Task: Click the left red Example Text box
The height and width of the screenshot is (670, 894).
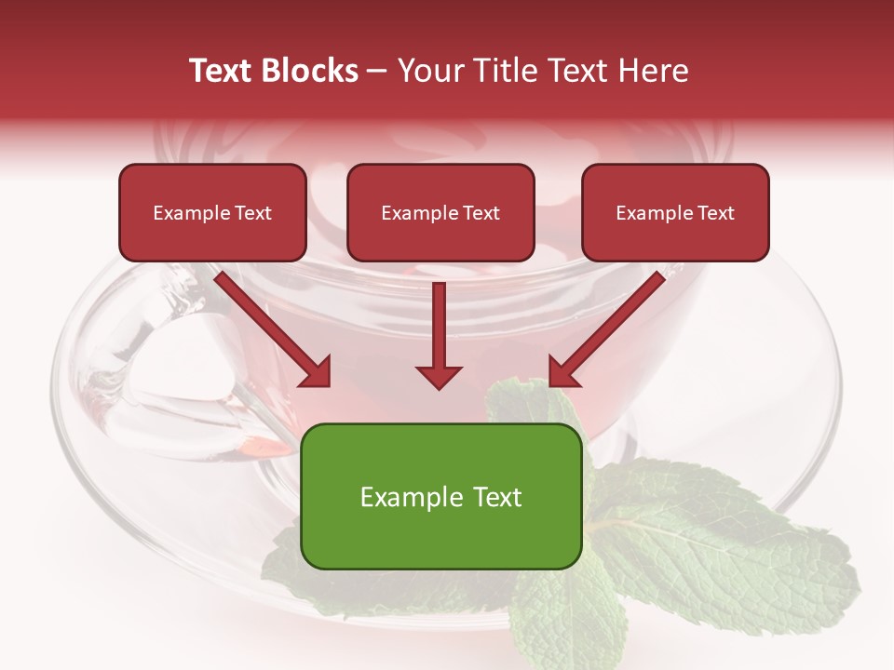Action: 212,212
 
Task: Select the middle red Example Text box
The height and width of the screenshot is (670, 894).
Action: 440,212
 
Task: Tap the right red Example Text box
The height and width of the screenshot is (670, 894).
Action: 675,212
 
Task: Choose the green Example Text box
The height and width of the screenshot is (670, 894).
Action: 441,496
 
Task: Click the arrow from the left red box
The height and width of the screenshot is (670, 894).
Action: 270,326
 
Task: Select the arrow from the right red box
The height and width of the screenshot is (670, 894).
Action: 610,326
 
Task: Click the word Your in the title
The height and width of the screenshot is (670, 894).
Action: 427,71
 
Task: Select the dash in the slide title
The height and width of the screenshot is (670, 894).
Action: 378,71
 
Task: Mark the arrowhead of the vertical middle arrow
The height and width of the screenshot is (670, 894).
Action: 439,376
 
